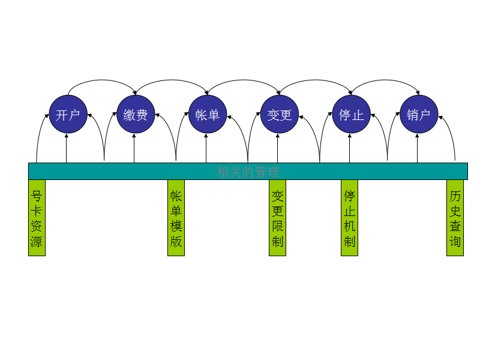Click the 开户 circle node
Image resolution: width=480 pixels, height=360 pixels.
coord(67,115)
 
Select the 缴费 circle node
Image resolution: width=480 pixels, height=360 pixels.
coord(136,115)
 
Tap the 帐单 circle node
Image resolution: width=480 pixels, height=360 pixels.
coord(207,115)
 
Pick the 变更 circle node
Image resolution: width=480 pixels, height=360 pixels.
coord(279,115)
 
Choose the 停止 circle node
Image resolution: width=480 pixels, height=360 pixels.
coord(351,115)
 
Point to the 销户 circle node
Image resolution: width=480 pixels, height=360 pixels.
coord(419,115)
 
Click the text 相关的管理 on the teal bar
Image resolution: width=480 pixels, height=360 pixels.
coord(248,172)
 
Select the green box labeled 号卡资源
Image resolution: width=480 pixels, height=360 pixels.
coord(37,218)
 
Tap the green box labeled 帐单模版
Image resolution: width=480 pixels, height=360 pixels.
coord(176,218)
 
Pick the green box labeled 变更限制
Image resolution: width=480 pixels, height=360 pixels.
coord(277,218)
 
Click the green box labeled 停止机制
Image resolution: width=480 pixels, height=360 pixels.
coord(349,218)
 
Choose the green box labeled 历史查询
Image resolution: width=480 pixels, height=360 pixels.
coord(455,218)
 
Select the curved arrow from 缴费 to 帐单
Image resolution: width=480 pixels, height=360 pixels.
coord(172,80)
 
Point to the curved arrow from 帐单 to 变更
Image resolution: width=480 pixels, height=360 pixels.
coord(243,80)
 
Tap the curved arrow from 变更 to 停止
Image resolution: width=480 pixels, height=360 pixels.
coord(316,80)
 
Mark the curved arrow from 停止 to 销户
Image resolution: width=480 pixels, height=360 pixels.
coord(385,80)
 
